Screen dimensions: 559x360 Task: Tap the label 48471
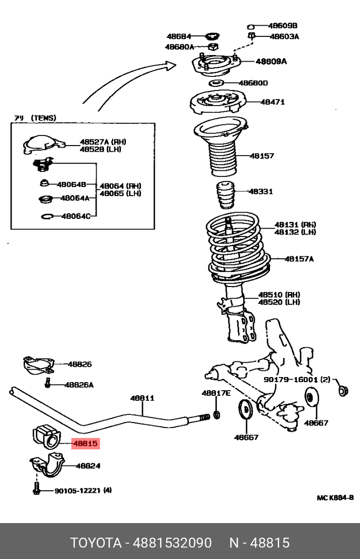point(273,102)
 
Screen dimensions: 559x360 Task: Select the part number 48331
point(260,192)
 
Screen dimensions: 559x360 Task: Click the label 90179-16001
point(291,380)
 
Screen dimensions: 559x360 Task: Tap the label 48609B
point(283,25)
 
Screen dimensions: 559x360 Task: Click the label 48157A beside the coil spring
point(299,259)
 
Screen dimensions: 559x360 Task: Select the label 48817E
point(216,393)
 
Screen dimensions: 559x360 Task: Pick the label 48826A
point(79,385)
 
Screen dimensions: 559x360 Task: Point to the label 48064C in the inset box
point(76,216)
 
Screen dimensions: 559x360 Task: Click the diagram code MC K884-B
point(335,498)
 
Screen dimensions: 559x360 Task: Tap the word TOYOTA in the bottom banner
point(96,543)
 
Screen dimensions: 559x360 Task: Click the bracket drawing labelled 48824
point(49,465)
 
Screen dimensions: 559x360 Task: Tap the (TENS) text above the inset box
point(43,118)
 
